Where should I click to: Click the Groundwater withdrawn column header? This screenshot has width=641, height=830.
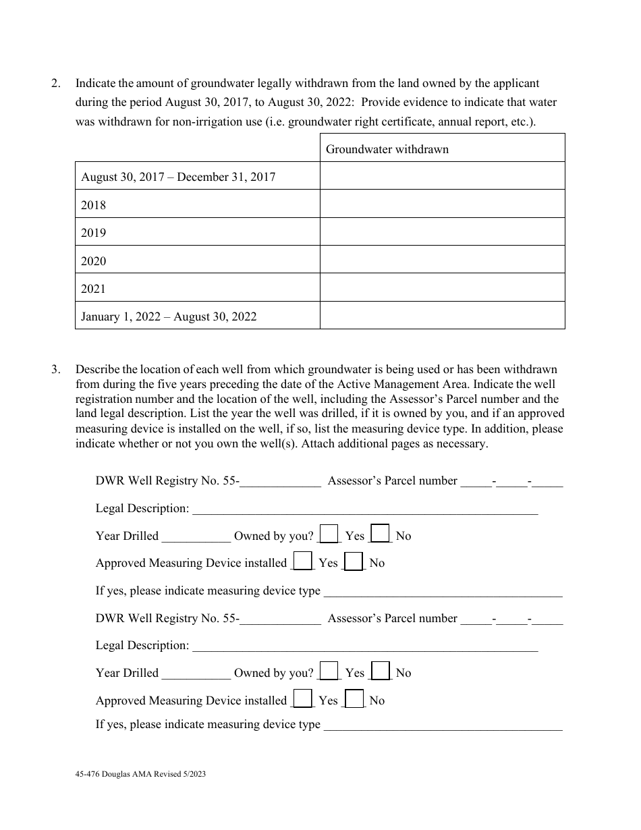(x=387, y=149)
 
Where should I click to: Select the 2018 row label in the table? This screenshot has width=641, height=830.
(x=94, y=205)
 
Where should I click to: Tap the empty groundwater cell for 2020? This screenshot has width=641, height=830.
(x=442, y=260)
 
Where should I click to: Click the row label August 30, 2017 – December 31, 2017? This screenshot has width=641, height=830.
(x=178, y=177)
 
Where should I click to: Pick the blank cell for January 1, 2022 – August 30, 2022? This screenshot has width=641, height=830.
(x=442, y=315)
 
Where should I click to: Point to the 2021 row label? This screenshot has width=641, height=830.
(x=94, y=289)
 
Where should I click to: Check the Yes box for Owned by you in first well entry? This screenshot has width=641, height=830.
(x=329, y=534)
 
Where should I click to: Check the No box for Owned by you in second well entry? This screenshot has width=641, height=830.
(x=381, y=671)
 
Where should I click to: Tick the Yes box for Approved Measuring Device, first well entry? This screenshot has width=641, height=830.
(x=304, y=561)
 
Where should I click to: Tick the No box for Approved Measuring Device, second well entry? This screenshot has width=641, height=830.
(x=354, y=698)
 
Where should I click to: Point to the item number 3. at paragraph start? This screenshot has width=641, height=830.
(x=56, y=369)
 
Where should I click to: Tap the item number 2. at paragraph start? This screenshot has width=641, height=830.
(x=56, y=84)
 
